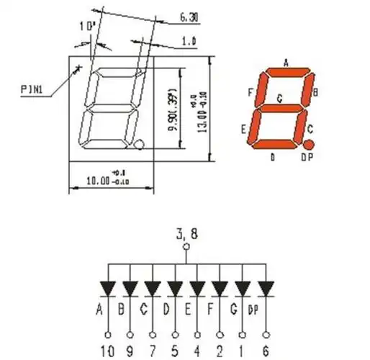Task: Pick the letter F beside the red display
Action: pos(249,93)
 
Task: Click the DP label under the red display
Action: pos(307,158)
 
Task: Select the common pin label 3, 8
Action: pos(186,233)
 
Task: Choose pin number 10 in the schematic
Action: pos(107,351)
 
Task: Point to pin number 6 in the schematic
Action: pos(267,351)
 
